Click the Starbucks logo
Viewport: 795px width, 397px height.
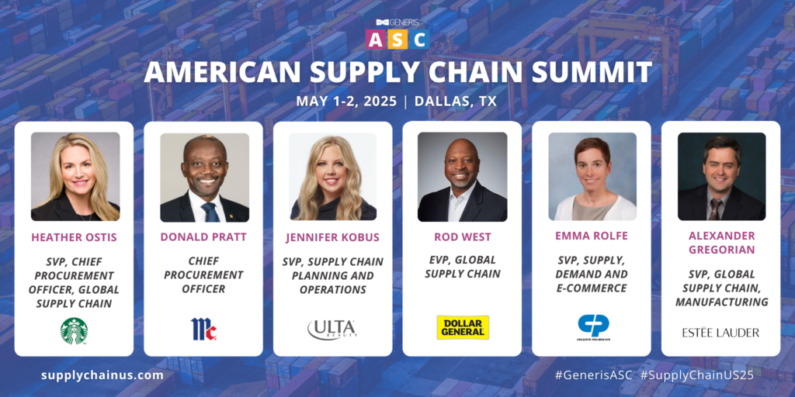[x=74, y=330]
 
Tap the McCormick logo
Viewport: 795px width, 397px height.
[x=203, y=329]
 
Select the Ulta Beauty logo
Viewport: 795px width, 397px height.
[x=332, y=329]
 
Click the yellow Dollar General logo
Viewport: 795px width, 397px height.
[x=462, y=327]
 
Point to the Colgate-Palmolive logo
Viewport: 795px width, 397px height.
[x=592, y=326]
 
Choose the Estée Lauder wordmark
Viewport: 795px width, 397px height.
[x=720, y=333]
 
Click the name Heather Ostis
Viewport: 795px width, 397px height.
[x=74, y=237]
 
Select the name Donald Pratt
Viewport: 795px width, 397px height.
[x=203, y=237]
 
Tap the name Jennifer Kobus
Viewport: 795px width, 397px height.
[x=332, y=237]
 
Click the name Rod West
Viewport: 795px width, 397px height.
[x=462, y=237]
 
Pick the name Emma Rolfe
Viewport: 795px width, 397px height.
[x=591, y=237]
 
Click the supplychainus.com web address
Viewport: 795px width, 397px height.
[x=102, y=375]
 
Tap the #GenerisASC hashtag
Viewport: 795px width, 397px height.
[x=594, y=375]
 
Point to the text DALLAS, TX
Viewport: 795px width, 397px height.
[x=456, y=101]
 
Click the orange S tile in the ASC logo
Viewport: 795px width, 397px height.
[x=397, y=39]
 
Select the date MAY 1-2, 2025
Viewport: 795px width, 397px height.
[x=345, y=101]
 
